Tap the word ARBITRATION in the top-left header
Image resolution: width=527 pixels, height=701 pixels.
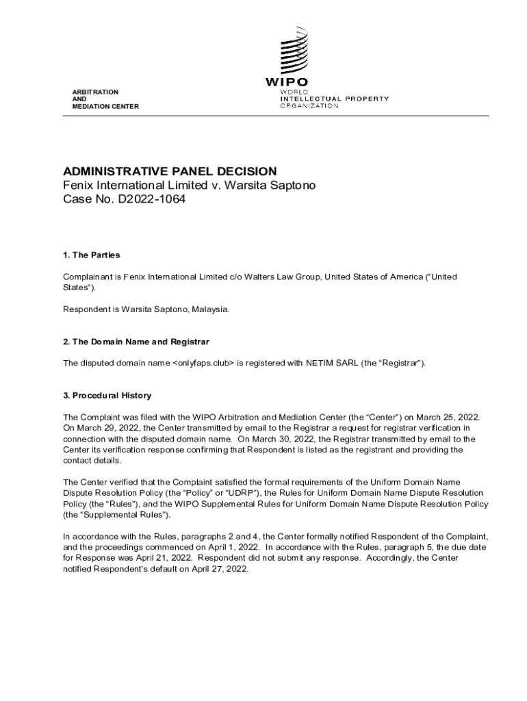click(x=95, y=92)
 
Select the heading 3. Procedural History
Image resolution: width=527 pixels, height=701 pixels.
click(x=107, y=396)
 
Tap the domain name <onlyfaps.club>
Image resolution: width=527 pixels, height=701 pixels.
click(x=203, y=363)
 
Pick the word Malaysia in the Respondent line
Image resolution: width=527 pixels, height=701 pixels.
click(x=209, y=309)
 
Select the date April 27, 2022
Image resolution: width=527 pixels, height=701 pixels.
click(x=219, y=568)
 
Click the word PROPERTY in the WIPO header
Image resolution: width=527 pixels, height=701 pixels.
click(x=367, y=99)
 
